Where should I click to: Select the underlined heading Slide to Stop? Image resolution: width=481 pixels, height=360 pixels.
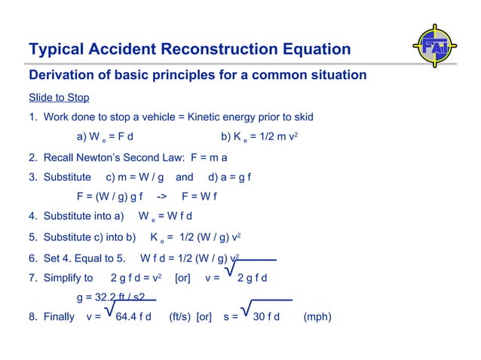click(59, 98)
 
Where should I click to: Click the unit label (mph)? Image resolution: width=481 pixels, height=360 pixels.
click(317, 317)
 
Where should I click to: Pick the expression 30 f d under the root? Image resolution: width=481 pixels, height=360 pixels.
click(266, 317)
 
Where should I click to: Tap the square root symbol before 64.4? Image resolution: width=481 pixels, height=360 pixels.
click(110, 310)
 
